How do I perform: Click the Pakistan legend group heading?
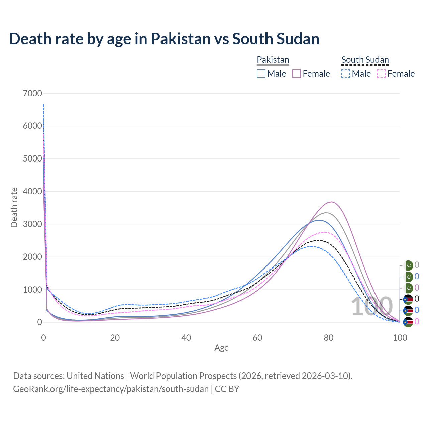tap(273, 60)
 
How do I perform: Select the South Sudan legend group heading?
tap(365, 60)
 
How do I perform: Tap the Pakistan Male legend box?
tap(261, 74)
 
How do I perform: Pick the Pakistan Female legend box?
tap(297, 74)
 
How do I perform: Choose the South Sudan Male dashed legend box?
tap(346, 74)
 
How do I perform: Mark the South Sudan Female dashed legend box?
tap(381, 74)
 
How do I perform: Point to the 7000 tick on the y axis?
tap(32, 93)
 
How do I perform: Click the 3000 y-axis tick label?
tap(32, 224)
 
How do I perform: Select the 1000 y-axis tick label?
tap(32, 290)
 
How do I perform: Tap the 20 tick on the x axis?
tap(115, 338)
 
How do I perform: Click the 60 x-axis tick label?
tap(257, 338)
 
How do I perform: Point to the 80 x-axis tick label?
tap(329, 338)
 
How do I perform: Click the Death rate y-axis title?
tap(14, 207)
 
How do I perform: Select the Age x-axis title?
tap(221, 348)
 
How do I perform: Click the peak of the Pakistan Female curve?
tap(331, 202)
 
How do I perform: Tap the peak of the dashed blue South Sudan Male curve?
tap(311, 246)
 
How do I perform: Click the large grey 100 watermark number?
tap(372, 306)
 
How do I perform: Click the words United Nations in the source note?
tap(95, 376)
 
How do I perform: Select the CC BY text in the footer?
tap(227, 389)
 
